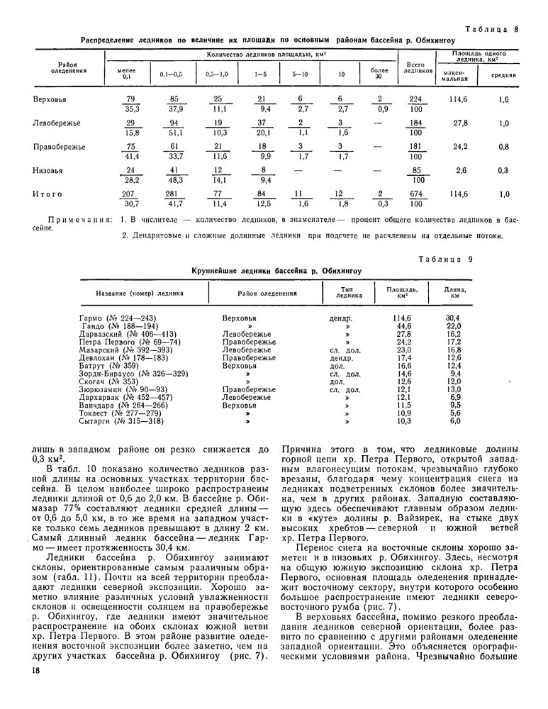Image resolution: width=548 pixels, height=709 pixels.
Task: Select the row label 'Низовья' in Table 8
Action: pos(47,170)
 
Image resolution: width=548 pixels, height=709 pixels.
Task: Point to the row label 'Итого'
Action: pos(47,194)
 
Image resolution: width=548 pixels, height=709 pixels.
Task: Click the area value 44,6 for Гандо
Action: pos(402,325)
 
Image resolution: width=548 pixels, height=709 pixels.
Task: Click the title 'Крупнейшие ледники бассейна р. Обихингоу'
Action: pos(277,270)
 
